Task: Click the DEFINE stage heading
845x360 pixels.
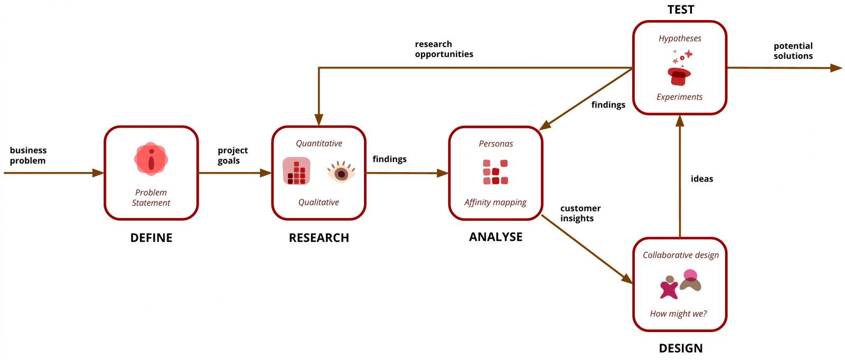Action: tap(151, 238)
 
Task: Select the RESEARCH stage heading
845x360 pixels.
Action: tap(318, 238)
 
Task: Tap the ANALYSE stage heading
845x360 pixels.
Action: tap(495, 237)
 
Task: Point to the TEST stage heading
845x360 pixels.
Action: tap(680, 10)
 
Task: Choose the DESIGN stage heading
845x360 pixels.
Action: tap(680, 348)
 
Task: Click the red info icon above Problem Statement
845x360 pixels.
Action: tap(151, 158)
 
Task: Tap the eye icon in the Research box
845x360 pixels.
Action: tap(341, 172)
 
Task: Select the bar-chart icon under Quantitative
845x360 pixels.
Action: tap(296, 171)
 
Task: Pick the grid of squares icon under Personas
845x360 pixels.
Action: tap(495, 172)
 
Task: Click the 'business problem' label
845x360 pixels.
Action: tap(28, 155)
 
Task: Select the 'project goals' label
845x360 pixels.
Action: tap(232, 155)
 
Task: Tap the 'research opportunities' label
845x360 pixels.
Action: tap(444, 49)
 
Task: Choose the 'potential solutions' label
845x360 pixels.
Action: tap(793, 51)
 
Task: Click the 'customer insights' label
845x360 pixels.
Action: tap(580, 213)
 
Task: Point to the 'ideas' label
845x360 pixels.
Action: tap(701, 179)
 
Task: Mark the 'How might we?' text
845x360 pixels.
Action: tap(678, 314)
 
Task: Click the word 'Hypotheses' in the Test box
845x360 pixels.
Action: tap(680, 39)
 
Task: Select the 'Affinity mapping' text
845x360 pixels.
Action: tap(495, 202)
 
